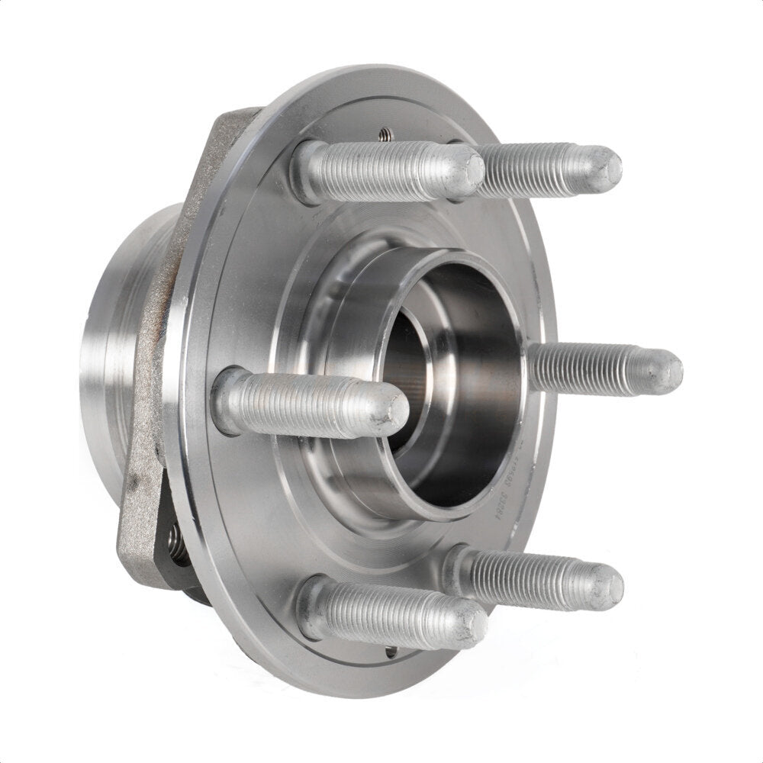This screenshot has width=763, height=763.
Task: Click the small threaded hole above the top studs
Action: [384, 135]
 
